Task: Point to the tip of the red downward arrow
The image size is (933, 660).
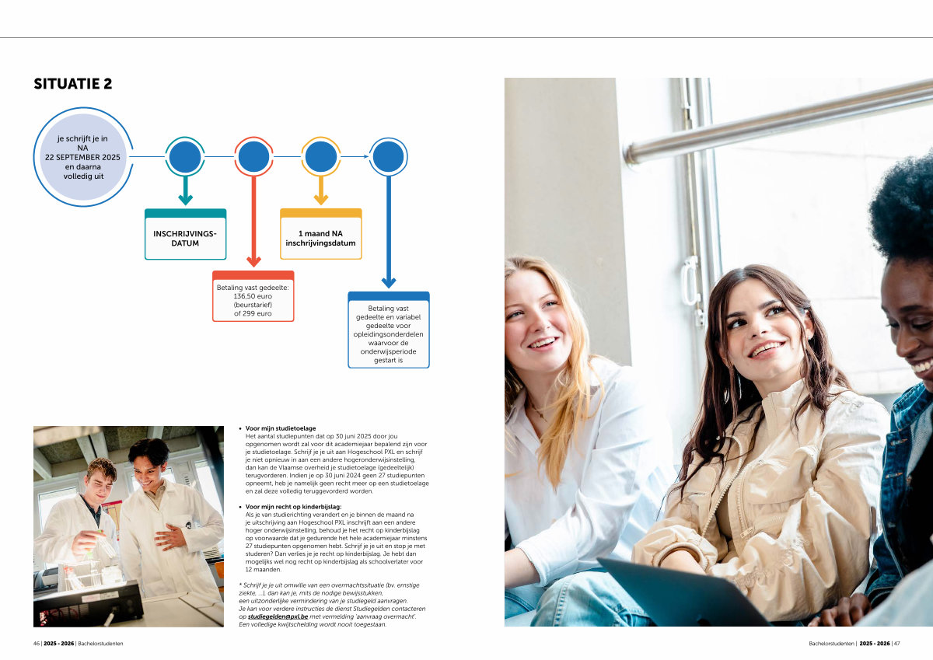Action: tap(253, 267)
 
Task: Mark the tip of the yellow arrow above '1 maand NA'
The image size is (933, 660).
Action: tap(320, 204)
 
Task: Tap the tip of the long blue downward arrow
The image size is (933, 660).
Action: tap(389, 288)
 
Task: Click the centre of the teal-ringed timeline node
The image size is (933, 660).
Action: tap(185, 156)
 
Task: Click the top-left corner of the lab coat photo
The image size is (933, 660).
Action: tap(33, 426)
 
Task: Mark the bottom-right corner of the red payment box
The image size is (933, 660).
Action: tap(294, 322)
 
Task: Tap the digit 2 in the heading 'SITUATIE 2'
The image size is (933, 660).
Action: tap(108, 84)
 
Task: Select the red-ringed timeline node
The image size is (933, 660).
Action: tap(253, 156)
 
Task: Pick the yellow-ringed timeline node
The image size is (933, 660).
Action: tap(320, 156)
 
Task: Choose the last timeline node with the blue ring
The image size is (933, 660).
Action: tap(388, 156)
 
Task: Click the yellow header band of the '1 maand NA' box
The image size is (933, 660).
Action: tap(320, 213)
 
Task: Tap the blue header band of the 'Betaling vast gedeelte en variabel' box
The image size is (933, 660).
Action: tap(389, 296)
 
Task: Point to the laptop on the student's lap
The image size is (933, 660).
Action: tap(683, 592)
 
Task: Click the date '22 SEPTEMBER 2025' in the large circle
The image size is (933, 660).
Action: tap(82, 157)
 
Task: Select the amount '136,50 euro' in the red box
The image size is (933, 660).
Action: tap(253, 296)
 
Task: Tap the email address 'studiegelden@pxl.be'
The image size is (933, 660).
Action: tap(278, 616)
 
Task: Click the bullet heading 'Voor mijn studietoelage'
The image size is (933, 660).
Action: tap(281, 428)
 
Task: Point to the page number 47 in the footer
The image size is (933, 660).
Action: tap(896, 644)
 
